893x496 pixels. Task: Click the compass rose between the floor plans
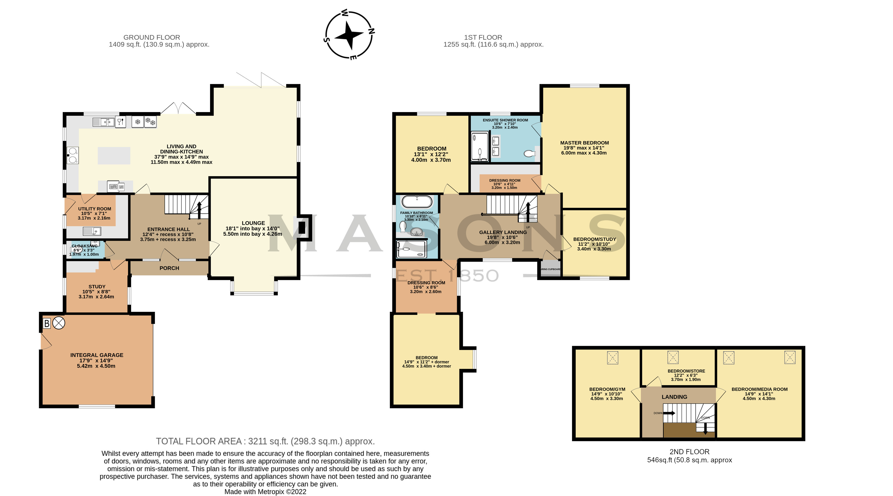[349, 35]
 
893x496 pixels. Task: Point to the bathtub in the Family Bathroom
[417, 202]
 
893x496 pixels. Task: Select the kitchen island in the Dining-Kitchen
[114, 155]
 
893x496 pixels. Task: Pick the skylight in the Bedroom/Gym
[613, 358]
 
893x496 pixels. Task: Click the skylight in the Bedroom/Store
[673, 357]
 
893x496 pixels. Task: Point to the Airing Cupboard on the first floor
[550, 269]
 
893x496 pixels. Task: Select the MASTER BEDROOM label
[585, 143]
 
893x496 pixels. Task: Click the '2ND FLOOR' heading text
[689, 452]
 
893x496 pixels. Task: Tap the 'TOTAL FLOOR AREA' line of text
[265, 441]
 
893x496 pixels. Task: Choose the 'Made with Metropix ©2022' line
[265, 492]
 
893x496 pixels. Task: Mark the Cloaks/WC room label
[84, 246]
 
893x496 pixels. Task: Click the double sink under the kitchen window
[103, 122]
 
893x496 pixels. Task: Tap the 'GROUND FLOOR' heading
[152, 37]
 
